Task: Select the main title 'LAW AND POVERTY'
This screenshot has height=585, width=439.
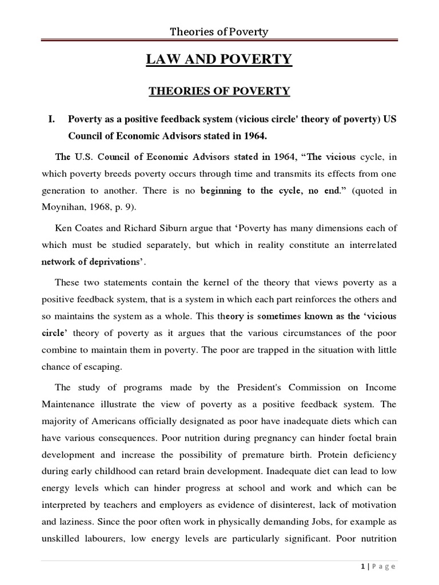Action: pyautogui.click(x=219, y=59)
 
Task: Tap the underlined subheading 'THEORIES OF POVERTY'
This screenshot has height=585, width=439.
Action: pyautogui.click(x=219, y=91)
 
